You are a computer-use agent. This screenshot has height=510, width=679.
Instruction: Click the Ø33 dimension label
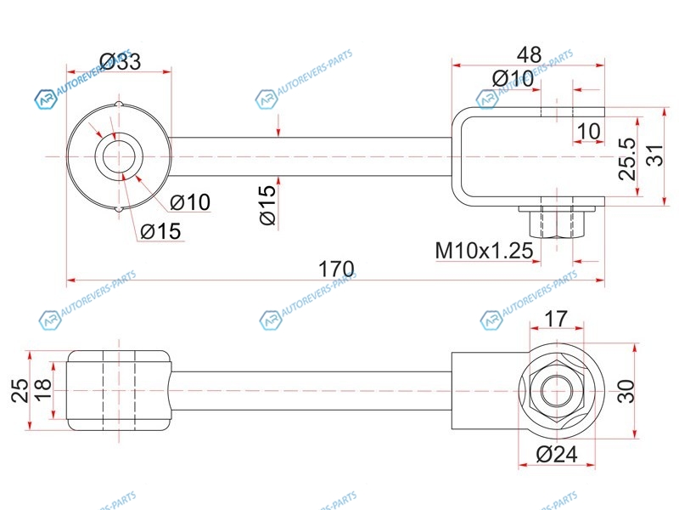coord(121,61)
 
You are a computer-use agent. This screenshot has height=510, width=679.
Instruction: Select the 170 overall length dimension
coord(336,269)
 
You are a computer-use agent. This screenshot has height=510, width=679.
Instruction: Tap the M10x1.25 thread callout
coord(484,250)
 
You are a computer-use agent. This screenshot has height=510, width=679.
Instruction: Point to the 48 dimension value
coord(529,54)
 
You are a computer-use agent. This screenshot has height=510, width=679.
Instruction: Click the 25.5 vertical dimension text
coord(627,159)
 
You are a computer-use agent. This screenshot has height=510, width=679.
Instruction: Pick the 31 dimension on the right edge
coord(654,156)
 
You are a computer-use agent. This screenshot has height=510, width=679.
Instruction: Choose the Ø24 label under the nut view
coord(557,454)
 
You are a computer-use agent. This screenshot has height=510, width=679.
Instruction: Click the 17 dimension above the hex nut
coord(556,319)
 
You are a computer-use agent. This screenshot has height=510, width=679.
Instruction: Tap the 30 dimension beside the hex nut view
coord(626,391)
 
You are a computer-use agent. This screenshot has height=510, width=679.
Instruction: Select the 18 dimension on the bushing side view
coord(43,389)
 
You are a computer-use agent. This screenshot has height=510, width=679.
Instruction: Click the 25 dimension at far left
coord(20,390)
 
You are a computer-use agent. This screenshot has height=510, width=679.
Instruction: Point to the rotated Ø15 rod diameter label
coord(268,205)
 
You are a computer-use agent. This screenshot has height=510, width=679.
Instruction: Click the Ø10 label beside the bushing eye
coord(190,202)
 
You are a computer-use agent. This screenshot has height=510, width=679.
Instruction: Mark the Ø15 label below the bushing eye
coord(160,231)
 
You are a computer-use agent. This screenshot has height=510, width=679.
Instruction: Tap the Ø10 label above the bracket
coord(513,78)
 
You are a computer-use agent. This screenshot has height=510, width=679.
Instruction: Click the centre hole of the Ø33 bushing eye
coord(119,156)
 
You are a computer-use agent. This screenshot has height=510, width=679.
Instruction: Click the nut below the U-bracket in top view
coord(557,222)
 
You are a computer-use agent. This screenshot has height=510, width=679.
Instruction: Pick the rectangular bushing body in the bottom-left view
coord(119,390)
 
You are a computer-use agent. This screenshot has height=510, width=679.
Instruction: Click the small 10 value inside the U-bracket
coord(588,131)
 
